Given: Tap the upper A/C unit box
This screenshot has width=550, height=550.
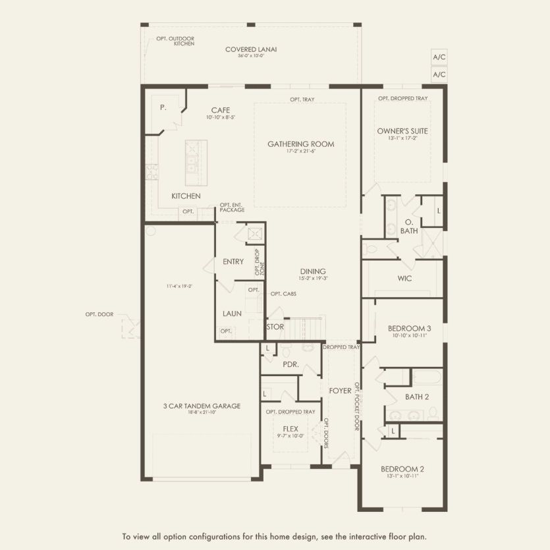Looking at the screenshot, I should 439,57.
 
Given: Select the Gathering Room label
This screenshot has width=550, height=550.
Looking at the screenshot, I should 300,144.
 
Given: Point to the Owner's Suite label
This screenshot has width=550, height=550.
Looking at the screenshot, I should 402,131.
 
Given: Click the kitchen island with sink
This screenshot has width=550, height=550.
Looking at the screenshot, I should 196,163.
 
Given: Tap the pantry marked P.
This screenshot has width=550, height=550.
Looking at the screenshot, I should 163,107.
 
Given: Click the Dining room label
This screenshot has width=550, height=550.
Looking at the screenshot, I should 313,271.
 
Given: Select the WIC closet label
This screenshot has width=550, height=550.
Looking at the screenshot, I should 404,279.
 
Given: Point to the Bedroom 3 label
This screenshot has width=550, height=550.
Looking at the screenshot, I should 409,328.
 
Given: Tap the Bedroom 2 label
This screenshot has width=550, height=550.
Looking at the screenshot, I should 402,469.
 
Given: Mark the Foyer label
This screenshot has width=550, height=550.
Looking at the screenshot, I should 341,391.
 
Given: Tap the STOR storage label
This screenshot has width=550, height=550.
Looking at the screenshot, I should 275,327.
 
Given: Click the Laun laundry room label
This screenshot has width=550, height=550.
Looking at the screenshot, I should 233,314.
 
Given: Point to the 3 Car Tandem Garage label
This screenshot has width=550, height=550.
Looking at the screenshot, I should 202,406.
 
